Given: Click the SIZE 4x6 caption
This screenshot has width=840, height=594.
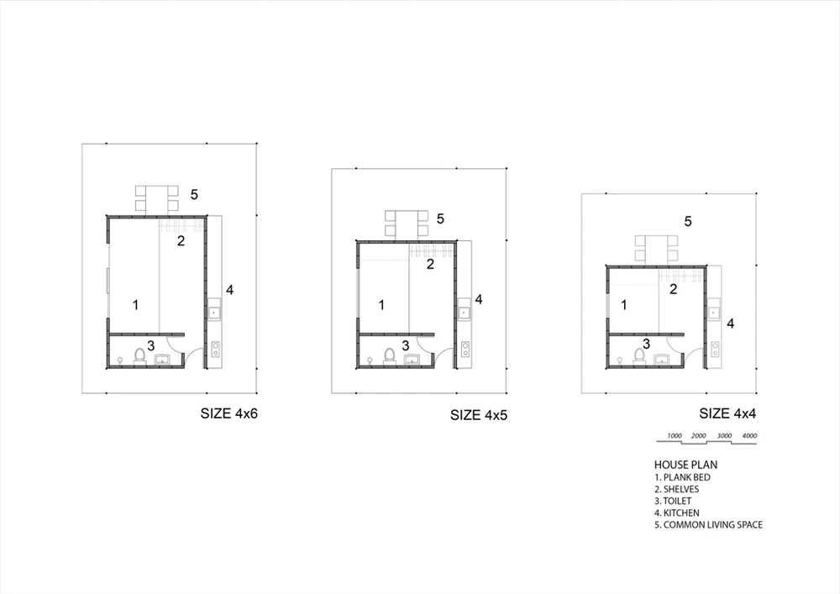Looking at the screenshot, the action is pos(228,413).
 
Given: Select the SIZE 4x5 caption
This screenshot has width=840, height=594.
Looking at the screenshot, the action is pos(479,415).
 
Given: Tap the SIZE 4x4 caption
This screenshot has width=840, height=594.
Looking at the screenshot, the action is pos(727,413).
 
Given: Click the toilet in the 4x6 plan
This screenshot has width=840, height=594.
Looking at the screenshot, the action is pos(139,356).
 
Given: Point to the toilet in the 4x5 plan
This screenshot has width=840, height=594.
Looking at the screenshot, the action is pos(390,356).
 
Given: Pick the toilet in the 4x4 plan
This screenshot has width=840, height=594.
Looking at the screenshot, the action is pos(639,356).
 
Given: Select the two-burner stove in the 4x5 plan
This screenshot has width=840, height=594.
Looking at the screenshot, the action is pos(465,350).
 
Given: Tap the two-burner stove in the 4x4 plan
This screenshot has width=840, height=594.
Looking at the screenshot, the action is pos(715,350).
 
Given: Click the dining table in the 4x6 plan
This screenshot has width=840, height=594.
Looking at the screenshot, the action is pos(156,200).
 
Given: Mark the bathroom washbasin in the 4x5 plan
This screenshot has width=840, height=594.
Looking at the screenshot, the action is pos(412,360).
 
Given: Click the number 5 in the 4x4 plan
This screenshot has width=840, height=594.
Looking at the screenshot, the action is pos(689,221).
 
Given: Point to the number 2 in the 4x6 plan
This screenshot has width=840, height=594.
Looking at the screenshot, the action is pos(181,241).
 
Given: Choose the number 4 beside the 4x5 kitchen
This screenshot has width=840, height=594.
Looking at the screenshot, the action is pos(479,299).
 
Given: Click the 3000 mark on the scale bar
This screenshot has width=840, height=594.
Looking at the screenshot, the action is pos(724,435).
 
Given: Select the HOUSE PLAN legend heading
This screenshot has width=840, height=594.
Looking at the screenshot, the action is pos(685,465).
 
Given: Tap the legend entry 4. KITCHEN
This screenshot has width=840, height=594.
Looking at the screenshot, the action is pos(676,513).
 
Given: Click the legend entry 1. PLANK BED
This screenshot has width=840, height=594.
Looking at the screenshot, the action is pos(682,477).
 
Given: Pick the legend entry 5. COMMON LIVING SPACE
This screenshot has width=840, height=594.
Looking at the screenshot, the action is pos(708,525).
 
